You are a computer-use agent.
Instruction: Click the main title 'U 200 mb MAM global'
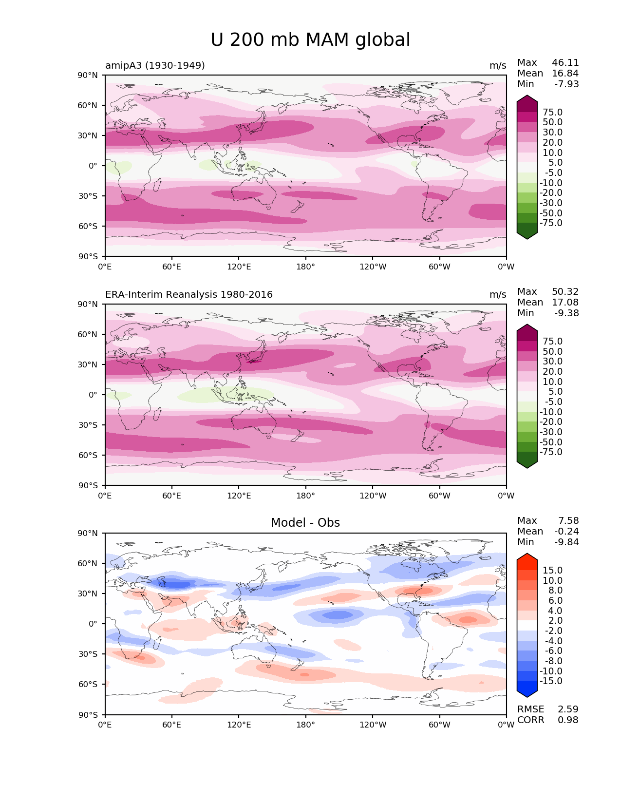(x=310, y=39)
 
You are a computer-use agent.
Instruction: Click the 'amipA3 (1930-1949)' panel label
(x=155, y=65)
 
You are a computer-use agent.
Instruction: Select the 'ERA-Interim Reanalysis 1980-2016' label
(x=189, y=294)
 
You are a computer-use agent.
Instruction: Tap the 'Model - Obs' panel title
(x=305, y=522)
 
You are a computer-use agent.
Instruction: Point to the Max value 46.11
(x=565, y=62)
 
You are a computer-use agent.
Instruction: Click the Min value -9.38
(x=566, y=313)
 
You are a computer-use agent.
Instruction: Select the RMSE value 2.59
(x=568, y=709)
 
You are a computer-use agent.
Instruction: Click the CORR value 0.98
(x=568, y=720)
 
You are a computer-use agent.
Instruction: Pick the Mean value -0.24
(x=566, y=531)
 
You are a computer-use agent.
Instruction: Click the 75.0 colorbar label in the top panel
(x=553, y=112)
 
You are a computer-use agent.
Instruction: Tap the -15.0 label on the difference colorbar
(x=551, y=681)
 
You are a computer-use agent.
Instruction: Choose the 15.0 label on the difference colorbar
(x=553, y=570)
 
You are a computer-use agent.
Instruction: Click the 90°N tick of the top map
(x=88, y=76)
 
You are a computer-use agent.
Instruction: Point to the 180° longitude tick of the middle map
(x=305, y=496)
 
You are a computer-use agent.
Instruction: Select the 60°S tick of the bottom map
(x=88, y=684)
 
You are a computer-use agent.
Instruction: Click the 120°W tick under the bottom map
(x=373, y=725)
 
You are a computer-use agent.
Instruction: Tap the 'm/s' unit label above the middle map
(x=498, y=294)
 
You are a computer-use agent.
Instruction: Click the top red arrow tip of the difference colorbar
(x=527, y=554)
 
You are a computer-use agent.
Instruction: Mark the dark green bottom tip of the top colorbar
(x=527, y=239)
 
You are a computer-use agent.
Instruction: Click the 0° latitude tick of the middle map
(x=93, y=395)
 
